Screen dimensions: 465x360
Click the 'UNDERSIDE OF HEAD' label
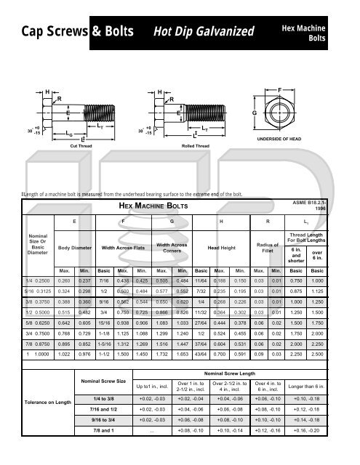(297, 138)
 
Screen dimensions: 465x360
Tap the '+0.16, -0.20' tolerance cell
(328, 452)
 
